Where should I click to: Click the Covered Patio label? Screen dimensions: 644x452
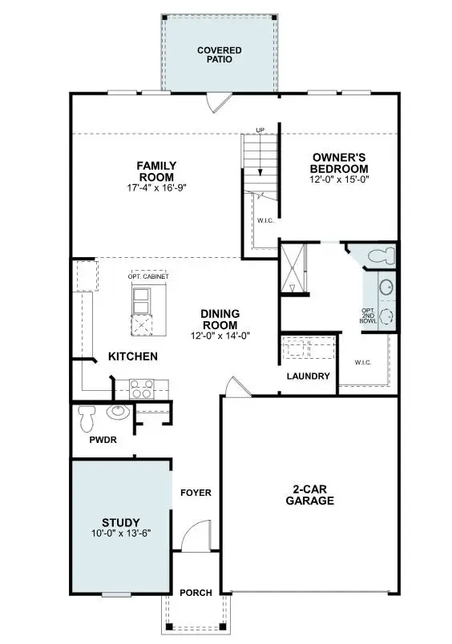coord(219,54)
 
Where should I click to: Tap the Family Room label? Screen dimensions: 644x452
coord(156,171)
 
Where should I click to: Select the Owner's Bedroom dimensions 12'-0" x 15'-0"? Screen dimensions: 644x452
coord(341,180)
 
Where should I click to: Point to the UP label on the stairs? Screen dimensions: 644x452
coord(260,130)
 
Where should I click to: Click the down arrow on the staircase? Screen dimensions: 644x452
coord(260,160)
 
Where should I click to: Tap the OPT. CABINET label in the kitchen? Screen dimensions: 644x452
coord(150,276)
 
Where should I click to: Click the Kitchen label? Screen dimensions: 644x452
coord(133,356)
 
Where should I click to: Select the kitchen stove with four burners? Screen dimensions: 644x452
coord(141,389)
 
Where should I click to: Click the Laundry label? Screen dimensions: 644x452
coord(308,376)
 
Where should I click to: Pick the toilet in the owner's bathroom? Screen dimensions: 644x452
coord(378,256)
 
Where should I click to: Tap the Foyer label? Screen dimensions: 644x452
coord(196,492)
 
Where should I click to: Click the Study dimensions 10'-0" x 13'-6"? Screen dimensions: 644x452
coord(121,533)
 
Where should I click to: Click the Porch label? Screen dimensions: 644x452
coord(196,593)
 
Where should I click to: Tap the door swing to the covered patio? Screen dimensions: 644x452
coord(217,103)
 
